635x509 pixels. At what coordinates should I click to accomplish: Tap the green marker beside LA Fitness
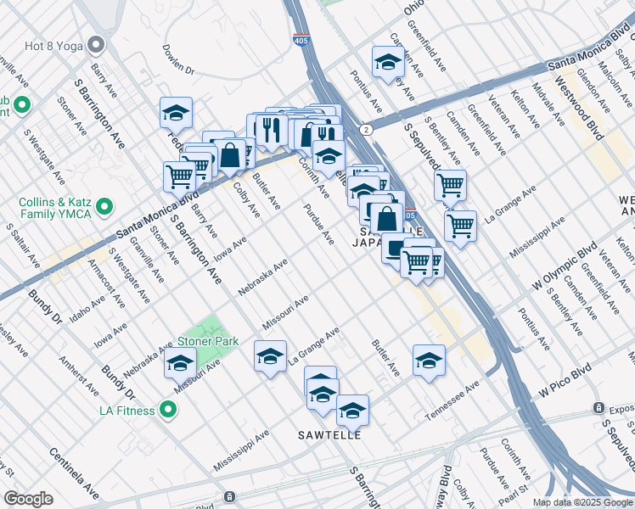pos(168,411)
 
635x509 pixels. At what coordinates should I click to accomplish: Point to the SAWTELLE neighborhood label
pos(329,435)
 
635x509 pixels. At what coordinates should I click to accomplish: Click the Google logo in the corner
pos(29,499)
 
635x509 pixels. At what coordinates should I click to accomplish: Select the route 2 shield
pos(365,129)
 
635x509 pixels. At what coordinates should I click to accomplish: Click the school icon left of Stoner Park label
pos(180,363)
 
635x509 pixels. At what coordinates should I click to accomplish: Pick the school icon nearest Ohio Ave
pos(388,61)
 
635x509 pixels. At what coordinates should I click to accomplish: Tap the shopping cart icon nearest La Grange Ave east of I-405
pos(459,226)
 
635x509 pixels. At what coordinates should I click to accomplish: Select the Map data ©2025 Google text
pos(582,502)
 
